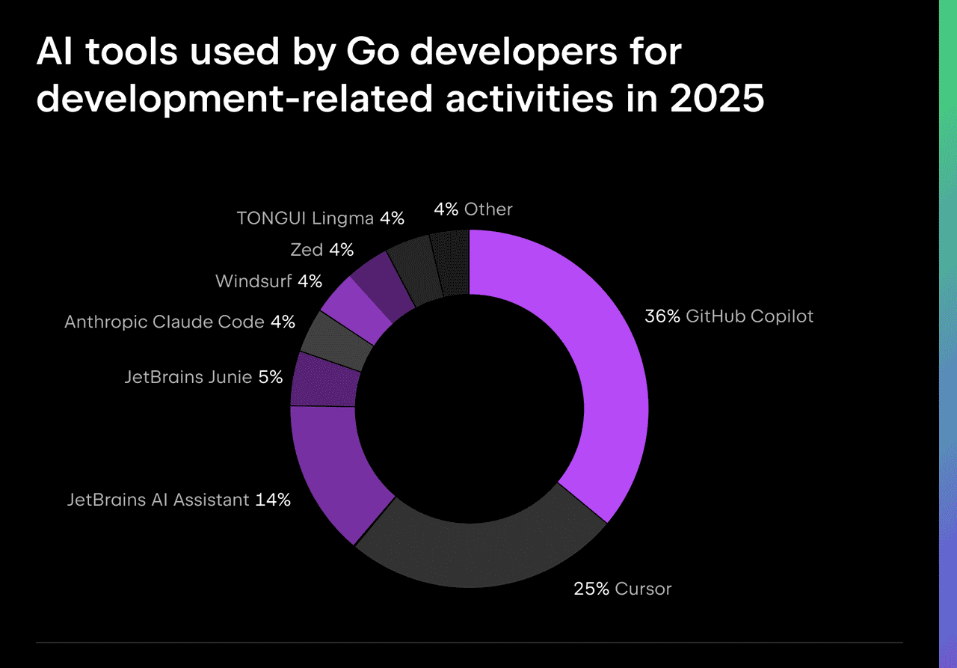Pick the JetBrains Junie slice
pos(323,380)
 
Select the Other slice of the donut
pos(452,262)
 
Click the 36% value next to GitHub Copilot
pos(662,316)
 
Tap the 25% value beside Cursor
pos(591,589)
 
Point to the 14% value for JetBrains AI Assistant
pos(272,500)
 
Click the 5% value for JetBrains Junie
pos(270,377)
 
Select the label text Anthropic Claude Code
pos(164,322)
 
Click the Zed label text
pos(307,250)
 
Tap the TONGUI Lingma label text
pos(304,218)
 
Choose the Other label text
pos(488,209)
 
